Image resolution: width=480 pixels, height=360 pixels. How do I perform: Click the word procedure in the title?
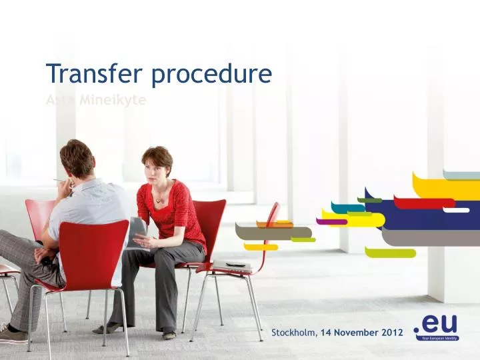(x=211, y=75)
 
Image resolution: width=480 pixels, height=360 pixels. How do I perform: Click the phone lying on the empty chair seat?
(x=235, y=265)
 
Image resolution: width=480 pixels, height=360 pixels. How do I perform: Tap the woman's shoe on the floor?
(x=107, y=329)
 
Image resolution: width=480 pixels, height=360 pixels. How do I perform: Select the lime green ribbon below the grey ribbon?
(x=390, y=253)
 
